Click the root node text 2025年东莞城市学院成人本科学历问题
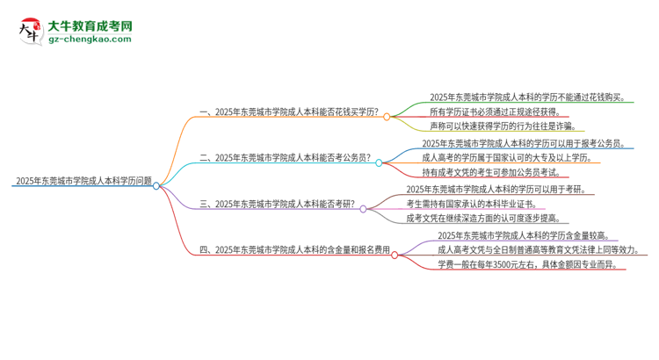83,181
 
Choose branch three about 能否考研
278,204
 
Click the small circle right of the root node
156,185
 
